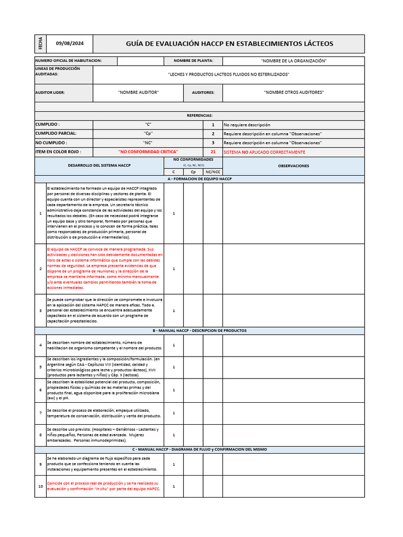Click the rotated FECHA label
(x=40, y=44)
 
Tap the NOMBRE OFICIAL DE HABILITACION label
(x=68, y=61)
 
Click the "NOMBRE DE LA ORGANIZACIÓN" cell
(x=293, y=61)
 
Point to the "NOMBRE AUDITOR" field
(x=138, y=92)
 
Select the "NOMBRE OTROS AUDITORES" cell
(x=293, y=92)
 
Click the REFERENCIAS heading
(x=199, y=115)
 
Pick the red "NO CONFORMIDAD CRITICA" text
(x=149, y=152)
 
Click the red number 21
(x=213, y=152)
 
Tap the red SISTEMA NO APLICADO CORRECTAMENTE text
(x=264, y=152)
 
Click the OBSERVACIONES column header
(x=293, y=166)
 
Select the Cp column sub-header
(x=193, y=171)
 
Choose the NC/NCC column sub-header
(x=213, y=171)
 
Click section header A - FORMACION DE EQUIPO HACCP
(x=199, y=179)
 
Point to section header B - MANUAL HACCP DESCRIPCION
(x=199, y=330)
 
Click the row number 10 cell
(x=40, y=486)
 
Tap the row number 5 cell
(x=40, y=367)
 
